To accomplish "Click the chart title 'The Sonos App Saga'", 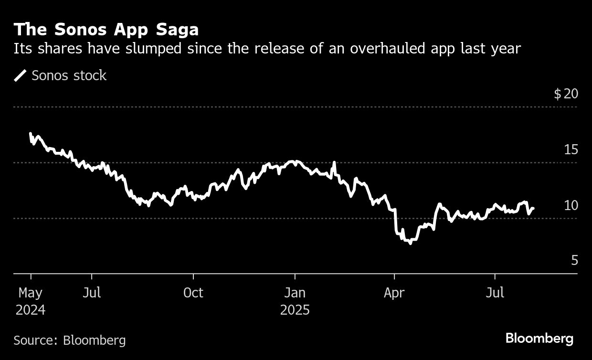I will point(106,30).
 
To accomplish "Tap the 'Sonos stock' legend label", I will point(69,75).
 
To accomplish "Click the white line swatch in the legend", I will point(21,75).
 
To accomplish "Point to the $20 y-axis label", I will point(566,94).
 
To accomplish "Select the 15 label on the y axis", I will point(571,149).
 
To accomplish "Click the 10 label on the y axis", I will point(571,205).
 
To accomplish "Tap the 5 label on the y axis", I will point(574,261).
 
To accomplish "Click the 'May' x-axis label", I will point(30,293).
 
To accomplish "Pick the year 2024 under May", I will point(30,310).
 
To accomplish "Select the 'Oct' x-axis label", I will point(193,293).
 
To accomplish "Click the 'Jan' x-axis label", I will point(295,293).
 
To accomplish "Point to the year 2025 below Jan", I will point(295,310).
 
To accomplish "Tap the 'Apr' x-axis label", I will point(394,293).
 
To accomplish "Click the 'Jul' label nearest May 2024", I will point(91,293).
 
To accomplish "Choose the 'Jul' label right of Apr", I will point(495,293).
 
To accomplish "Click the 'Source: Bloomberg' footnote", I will point(70,340).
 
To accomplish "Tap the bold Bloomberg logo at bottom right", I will point(539,339).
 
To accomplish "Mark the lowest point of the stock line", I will point(410,244).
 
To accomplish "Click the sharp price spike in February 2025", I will point(334,163).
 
